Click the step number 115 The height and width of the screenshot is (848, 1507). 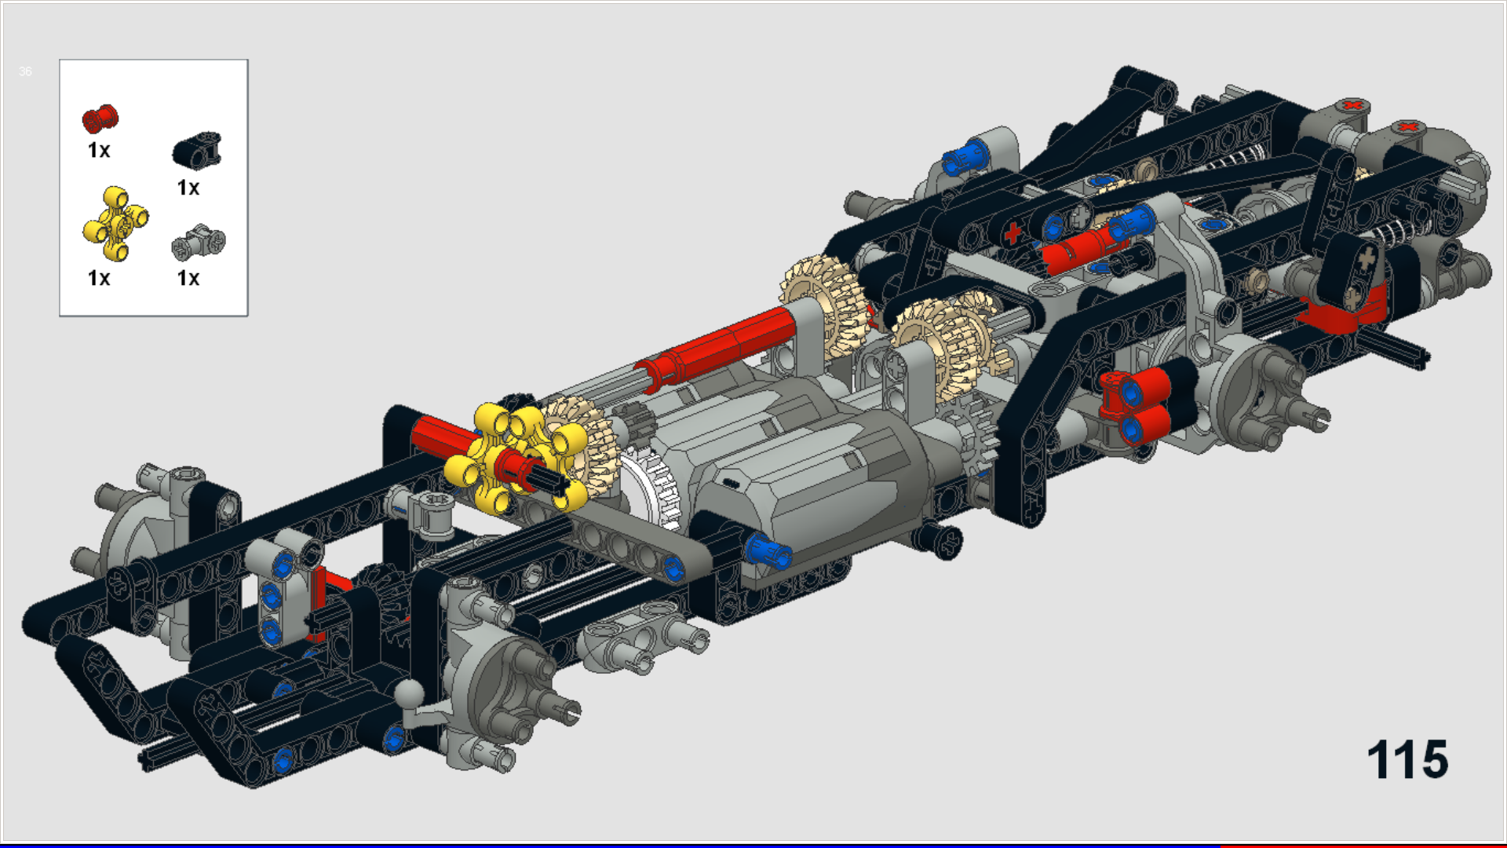pos(1407,760)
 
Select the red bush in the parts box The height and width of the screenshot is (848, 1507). pos(100,119)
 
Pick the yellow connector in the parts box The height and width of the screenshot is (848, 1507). pos(115,223)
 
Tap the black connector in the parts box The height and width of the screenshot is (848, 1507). pos(197,150)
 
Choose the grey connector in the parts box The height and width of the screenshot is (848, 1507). pos(199,241)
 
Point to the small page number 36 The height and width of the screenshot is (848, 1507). pos(25,71)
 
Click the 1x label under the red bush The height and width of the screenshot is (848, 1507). pos(99,150)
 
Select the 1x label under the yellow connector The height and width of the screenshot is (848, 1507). pos(99,278)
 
